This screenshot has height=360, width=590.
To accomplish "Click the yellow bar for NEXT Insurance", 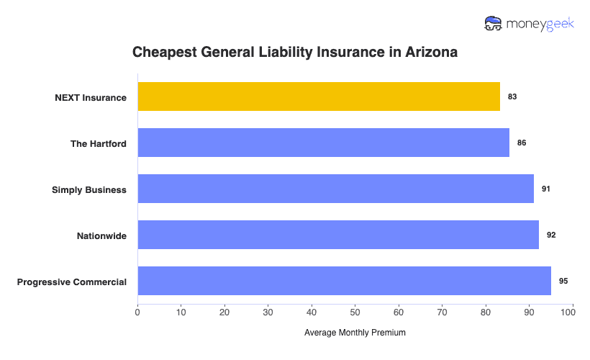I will (x=319, y=96).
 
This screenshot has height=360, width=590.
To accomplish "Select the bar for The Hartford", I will (x=323, y=143).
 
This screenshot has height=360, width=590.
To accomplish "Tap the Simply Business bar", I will (x=335, y=189).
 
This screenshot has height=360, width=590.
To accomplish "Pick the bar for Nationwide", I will (x=338, y=235).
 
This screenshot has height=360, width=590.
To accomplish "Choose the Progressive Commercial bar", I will (x=344, y=281).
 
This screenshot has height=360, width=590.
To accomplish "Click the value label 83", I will (x=512, y=96).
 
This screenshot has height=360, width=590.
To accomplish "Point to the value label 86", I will (x=522, y=143).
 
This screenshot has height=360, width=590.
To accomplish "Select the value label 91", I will (x=546, y=189).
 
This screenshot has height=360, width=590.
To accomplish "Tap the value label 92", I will (x=551, y=235).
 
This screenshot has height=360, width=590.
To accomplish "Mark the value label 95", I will (x=563, y=281).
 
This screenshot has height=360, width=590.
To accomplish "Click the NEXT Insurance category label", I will (x=91, y=97).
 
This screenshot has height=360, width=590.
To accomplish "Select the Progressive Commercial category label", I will (x=72, y=282).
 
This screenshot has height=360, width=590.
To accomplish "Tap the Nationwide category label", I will (x=101, y=235).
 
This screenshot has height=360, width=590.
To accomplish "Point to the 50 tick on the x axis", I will (x=355, y=312).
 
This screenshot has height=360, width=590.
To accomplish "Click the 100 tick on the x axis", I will (x=573, y=312).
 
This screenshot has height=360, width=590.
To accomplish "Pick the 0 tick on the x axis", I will (x=137, y=312).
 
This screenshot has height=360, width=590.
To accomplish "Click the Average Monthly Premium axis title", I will (x=355, y=333).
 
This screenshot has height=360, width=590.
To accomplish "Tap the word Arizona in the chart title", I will (x=430, y=53).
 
